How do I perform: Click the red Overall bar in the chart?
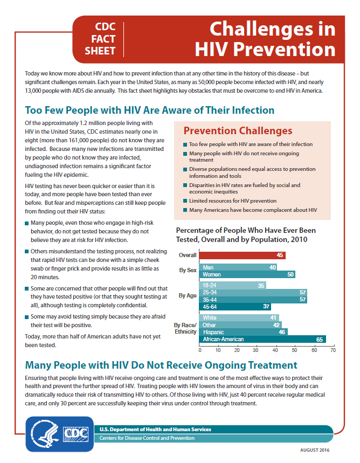point(242,255)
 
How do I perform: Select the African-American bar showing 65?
point(262,339)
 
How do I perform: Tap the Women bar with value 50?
point(247,274)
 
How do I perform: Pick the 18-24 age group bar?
point(232,285)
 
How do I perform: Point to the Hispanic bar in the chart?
point(244,332)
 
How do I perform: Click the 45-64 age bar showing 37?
point(235,307)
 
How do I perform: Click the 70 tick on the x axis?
point(333,350)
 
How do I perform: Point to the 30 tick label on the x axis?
point(256,350)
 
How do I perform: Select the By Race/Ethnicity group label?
point(185,328)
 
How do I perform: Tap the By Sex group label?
point(188,270)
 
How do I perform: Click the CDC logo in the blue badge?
point(76,434)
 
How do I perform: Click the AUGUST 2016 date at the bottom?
point(315,450)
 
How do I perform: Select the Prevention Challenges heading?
point(238,131)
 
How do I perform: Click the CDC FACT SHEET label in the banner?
point(100,39)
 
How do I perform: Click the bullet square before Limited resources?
point(185,201)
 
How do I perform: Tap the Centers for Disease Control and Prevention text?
point(147,438)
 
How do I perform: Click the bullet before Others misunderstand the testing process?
point(27,252)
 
